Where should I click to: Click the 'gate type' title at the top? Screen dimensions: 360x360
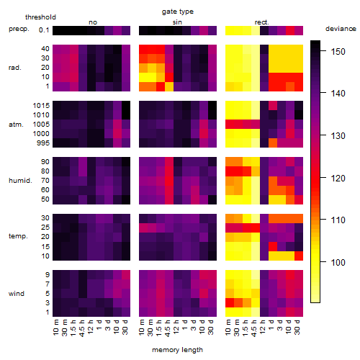[x=178, y=12]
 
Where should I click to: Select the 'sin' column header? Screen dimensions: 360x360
[x=177, y=22]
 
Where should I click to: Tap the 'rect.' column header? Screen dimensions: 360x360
[x=262, y=22]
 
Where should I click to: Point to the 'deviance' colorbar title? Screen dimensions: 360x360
[x=341, y=29]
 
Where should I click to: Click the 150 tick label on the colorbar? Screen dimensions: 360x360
[x=338, y=51]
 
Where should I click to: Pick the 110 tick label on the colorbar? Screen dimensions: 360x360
[x=338, y=220]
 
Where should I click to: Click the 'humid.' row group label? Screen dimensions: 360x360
[x=20, y=180]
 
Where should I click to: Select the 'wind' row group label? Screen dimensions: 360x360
[x=17, y=294]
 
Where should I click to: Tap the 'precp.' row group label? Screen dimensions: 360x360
[x=19, y=29]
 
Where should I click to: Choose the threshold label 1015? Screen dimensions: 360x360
[x=41, y=105]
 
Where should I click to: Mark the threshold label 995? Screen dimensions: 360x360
[x=43, y=143]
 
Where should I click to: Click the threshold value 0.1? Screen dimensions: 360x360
[x=44, y=30]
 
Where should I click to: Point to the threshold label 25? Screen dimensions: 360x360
[x=45, y=227]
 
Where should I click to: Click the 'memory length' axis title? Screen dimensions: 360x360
[x=178, y=350]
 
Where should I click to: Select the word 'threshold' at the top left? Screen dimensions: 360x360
[x=40, y=17]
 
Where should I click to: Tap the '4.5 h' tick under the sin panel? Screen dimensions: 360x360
[x=168, y=328]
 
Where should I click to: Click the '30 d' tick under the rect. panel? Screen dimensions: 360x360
[x=297, y=327]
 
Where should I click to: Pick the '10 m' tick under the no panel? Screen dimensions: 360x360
[x=55, y=328]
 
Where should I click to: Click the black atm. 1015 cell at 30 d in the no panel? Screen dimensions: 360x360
[x=126, y=106]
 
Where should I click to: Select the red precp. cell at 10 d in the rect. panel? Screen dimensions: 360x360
[x=290, y=30]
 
